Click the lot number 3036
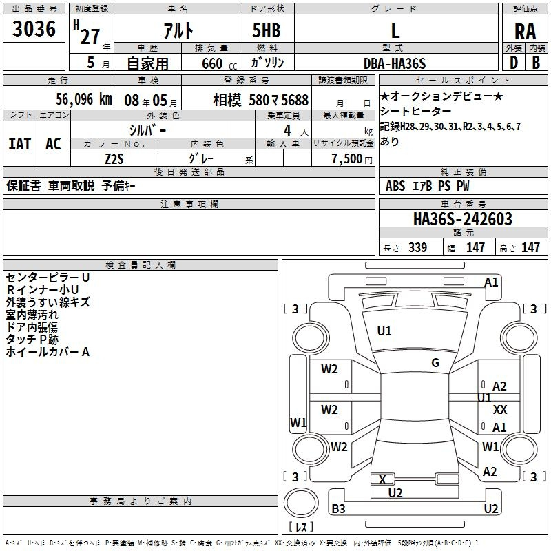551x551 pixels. pyautogui.click(x=34, y=28)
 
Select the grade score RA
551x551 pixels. pyautogui.click(x=525, y=32)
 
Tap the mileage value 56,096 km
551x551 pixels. pyautogui.click(x=84, y=99)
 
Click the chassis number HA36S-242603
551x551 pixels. pyautogui.click(x=462, y=219)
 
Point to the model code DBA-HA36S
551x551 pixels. pyautogui.click(x=395, y=63)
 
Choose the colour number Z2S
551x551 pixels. pyautogui.click(x=114, y=159)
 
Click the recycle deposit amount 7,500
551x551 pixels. pyautogui.click(x=347, y=158)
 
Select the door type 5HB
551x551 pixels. pyautogui.click(x=267, y=30)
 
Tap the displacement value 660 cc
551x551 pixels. pyautogui.click(x=219, y=64)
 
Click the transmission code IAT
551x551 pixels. pyautogui.click(x=20, y=144)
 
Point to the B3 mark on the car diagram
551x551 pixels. pyautogui.click(x=338, y=508)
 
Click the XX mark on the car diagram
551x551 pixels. pyautogui.click(x=500, y=409)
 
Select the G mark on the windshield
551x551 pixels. pyautogui.click(x=435, y=363)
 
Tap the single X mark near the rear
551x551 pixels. pyautogui.click(x=383, y=479)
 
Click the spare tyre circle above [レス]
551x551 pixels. pyautogui.click(x=301, y=503)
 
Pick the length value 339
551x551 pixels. pyautogui.click(x=417, y=247)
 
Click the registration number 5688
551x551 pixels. pyautogui.click(x=295, y=100)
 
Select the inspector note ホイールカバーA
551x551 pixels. pyautogui.click(x=48, y=352)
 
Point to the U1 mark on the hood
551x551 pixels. pyautogui.click(x=384, y=331)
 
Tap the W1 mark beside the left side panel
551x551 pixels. pyautogui.click(x=298, y=422)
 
